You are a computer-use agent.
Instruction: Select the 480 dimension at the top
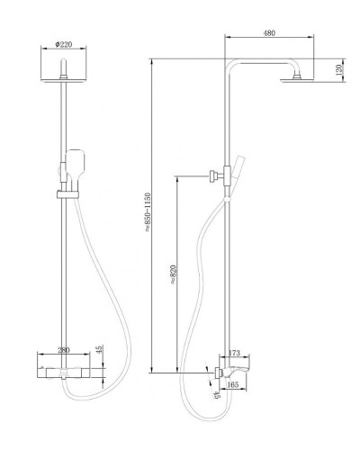click(269, 33)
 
